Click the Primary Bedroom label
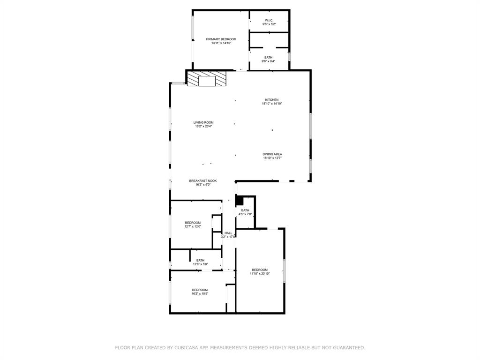tap(221, 39)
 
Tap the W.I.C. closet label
tap(269, 20)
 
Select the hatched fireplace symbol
tap(206, 79)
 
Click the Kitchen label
tap(272, 100)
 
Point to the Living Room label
tap(203, 122)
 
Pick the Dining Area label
tap(272, 154)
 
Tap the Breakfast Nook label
tap(203, 180)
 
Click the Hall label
tap(228, 233)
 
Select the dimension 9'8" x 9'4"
tap(268, 61)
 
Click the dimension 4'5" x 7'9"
tap(245, 214)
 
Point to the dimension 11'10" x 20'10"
tap(260, 273)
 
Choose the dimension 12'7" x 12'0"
tap(193, 226)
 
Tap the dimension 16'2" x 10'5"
tap(200, 294)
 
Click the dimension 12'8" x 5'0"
tap(200, 264)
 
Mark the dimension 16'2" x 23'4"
tap(203, 126)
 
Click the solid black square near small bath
tap(239, 201)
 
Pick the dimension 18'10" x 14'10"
tap(272, 104)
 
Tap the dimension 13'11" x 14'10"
tap(221, 43)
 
